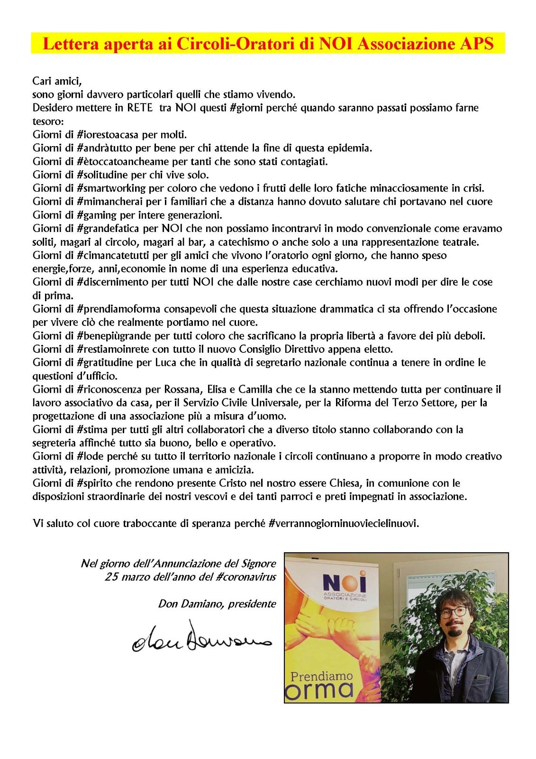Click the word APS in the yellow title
pos(476,44)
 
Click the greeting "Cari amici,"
pos(57,81)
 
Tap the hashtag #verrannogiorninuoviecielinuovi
pos(344,524)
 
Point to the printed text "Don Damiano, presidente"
pos(217,604)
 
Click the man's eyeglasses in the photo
pos(454,611)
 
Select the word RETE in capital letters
pos(140,108)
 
